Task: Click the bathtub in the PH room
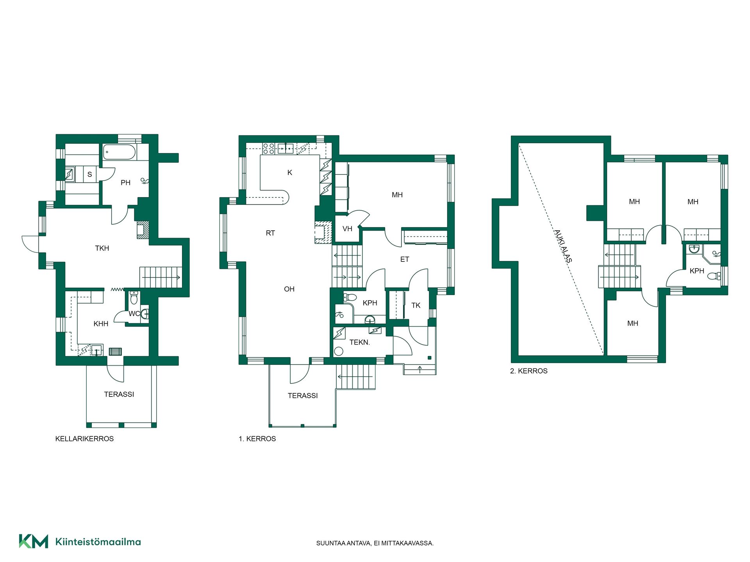(120, 152)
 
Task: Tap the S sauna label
(89, 174)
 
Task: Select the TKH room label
(102, 248)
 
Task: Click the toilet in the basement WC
(134, 297)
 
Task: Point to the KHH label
(101, 324)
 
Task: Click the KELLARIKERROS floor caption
(84, 439)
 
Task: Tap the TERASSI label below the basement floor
(119, 394)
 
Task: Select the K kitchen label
(290, 173)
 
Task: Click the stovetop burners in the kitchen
(268, 149)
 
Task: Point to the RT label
(270, 233)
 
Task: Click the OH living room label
(289, 289)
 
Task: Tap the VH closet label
(347, 229)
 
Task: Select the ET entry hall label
(405, 259)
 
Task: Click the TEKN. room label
(359, 342)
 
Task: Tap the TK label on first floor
(416, 305)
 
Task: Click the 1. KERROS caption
(257, 439)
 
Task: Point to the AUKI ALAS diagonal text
(563, 246)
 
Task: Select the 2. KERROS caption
(529, 371)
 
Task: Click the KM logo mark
(34, 541)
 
